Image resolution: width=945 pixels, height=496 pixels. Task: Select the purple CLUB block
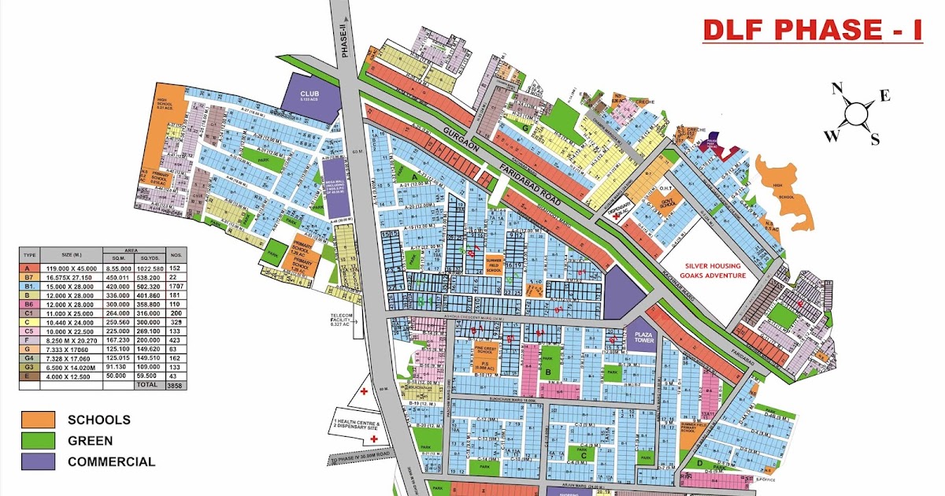308,97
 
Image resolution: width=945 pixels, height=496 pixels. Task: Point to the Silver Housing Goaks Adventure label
710,270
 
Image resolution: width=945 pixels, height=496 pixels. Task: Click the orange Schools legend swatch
38,420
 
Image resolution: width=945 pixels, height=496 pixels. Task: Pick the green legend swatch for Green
38,440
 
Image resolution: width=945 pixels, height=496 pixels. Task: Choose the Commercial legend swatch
38,461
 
